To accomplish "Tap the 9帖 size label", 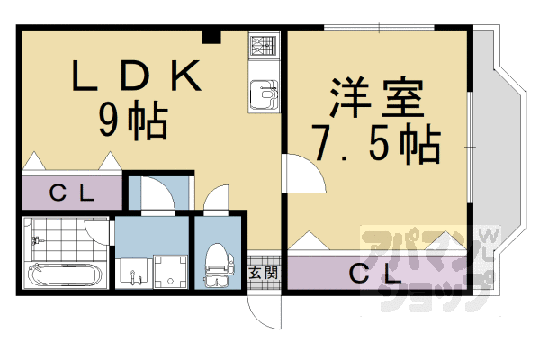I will click(133, 121).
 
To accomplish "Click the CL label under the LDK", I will click(70, 192).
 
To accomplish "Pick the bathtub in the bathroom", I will click(64, 274).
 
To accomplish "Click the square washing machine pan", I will click(169, 270).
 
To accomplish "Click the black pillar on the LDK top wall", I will click(211, 36).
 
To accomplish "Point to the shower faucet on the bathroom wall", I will click(37, 241).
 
